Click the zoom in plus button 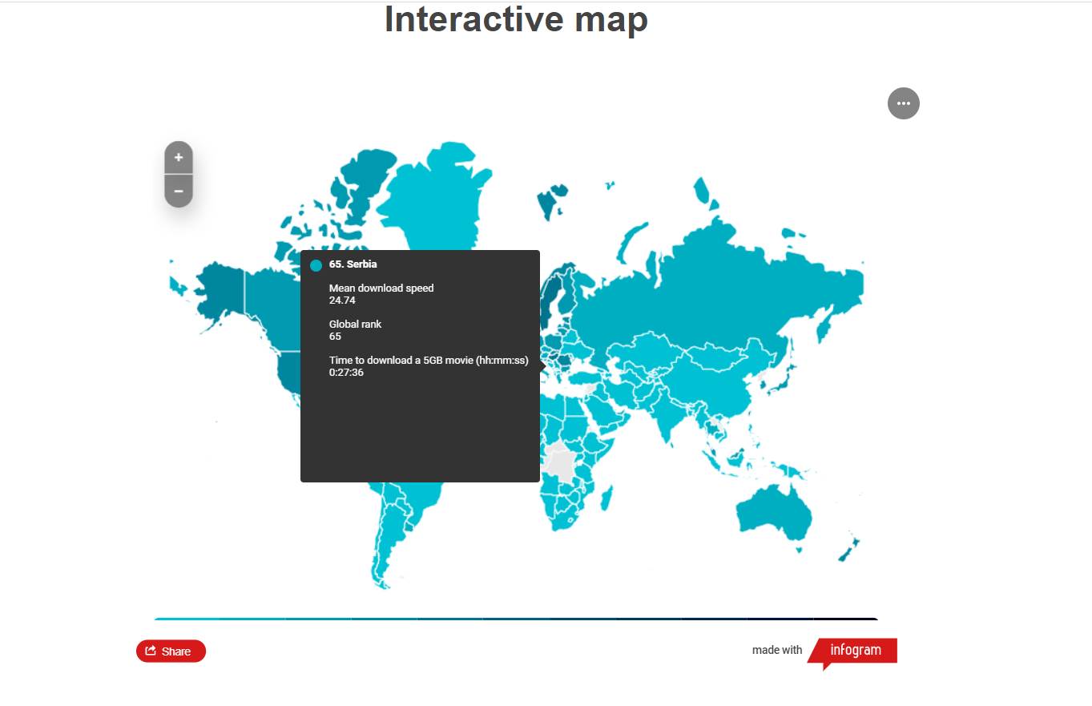[179, 158]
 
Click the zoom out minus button [179, 192]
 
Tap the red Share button [171, 651]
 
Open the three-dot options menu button [904, 103]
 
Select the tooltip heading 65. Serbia [353, 264]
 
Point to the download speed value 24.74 [342, 301]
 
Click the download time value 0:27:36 [346, 373]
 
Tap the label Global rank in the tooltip [355, 325]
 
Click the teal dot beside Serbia [316, 265]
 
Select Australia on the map [774, 513]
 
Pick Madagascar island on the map [607, 498]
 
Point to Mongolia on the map [715, 356]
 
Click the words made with [777, 650]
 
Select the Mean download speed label [381, 288]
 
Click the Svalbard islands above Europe [552, 200]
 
